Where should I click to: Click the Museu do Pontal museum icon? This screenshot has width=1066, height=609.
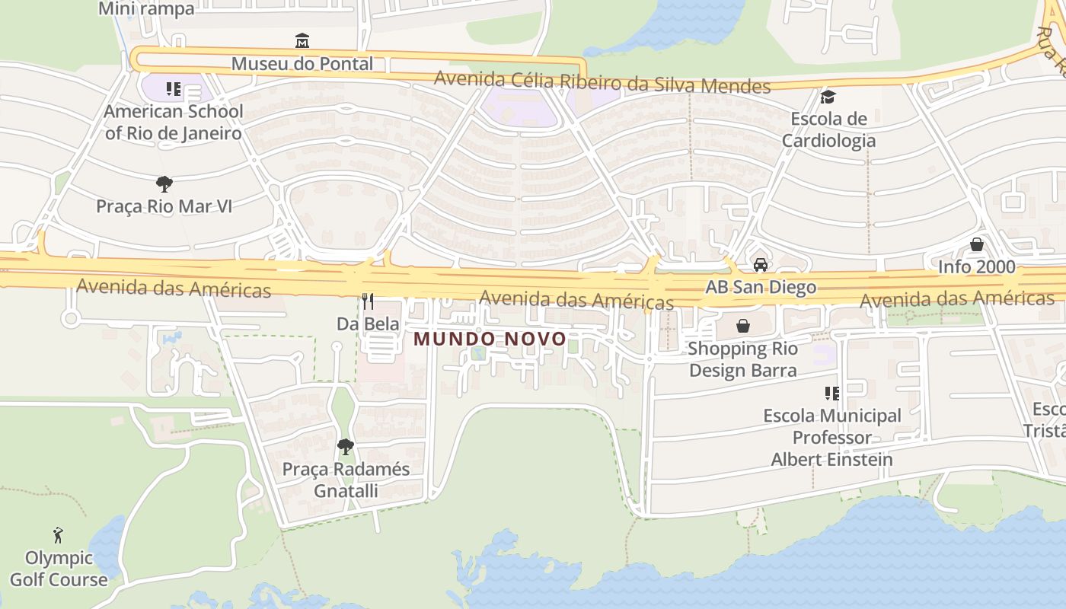tap(302, 40)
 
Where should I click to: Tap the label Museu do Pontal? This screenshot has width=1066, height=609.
tap(302, 63)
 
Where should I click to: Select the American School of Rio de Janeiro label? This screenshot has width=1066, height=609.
tap(174, 122)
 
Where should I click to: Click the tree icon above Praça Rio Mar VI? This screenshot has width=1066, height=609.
tap(164, 183)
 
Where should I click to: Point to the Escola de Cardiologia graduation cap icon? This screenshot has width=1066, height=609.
tap(828, 97)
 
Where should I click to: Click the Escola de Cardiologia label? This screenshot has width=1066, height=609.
tap(828, 129)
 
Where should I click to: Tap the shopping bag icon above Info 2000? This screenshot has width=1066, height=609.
tap(976, 244)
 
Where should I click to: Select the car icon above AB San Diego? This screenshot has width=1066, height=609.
tap(760, 264)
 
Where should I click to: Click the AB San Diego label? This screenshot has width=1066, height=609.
tap(761, 287)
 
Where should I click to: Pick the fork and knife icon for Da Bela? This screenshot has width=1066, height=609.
tap(368, 301)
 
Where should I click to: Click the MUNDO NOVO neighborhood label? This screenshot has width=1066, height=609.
tap(490, 339)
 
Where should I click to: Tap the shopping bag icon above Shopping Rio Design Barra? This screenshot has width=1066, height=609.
tap(742, 326)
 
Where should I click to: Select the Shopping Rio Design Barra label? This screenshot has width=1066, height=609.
tap(742, 359)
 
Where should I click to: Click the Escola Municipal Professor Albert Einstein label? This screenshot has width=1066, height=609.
tap(832, 438)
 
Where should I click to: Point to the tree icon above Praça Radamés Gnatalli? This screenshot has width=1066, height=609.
tap(346, 446)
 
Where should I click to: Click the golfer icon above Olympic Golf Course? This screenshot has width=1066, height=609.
tap(58, 535)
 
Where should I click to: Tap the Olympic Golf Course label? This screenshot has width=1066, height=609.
tap(59, 569)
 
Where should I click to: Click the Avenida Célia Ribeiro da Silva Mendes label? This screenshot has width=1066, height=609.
tap(602, 81)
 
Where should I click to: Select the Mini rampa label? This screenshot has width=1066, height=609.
tap(147, 9)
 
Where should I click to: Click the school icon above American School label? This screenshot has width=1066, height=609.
tap(174, 89)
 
